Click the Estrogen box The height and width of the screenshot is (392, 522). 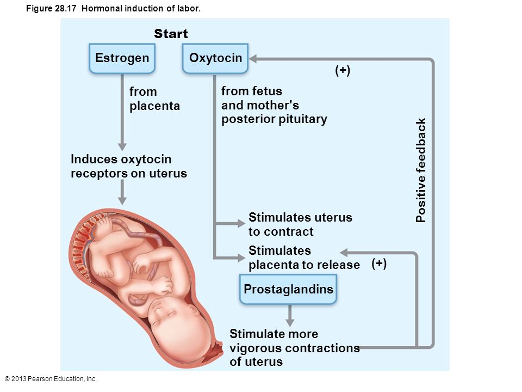(122, 58)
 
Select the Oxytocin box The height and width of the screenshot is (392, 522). (215, 58)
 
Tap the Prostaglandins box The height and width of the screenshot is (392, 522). (288, 289)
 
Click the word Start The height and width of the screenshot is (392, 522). (171, 34)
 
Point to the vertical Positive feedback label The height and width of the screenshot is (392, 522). (421, 170)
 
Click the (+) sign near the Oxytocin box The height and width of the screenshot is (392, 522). (343, 70)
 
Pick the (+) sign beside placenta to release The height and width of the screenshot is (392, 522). (379, 264)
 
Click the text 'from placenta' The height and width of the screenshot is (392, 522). (155, 99)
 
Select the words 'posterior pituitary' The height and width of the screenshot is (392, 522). (274, 119)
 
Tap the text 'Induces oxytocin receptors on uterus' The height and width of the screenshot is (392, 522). (129, 166)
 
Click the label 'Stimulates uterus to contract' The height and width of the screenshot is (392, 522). (300, 224)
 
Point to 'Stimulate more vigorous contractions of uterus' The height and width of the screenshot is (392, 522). (295, 348)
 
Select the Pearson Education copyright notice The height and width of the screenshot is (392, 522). (51, 379)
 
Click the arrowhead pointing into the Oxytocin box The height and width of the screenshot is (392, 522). (253, 59)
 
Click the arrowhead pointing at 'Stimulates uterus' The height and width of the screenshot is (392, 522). (241, 223)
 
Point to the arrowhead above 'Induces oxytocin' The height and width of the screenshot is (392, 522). (122, 146)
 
